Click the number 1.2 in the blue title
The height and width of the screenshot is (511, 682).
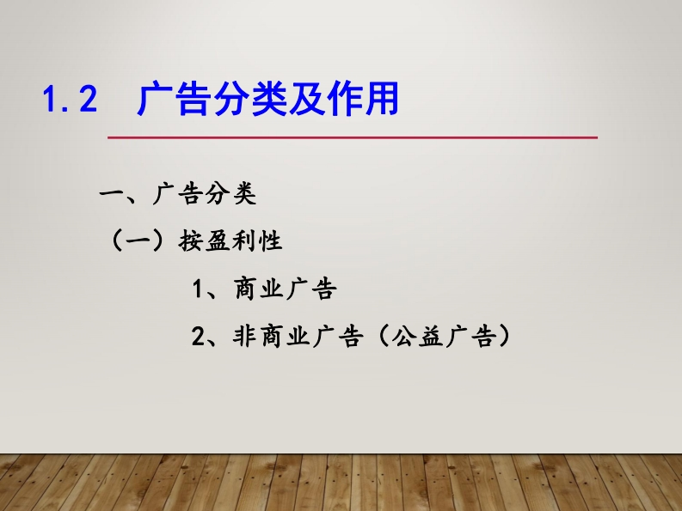(70, 99)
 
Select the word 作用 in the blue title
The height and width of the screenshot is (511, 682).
(363, 99)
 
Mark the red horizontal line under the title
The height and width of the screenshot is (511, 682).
(353, 137)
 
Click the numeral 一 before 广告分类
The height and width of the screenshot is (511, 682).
(113, 193)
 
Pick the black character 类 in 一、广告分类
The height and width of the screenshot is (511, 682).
(244, 193)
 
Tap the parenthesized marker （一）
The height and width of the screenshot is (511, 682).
(138, 240)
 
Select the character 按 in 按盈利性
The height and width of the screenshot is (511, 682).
(191, 240)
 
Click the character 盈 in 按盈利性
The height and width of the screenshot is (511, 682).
(217, 240)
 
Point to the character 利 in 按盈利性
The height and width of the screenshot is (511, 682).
(243, 240)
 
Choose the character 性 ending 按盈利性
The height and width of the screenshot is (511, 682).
(270, 240)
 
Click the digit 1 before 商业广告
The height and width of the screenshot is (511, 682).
(198, 289)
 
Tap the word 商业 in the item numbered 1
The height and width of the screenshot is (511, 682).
(259, 289)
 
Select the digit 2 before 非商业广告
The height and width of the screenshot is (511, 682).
(198, 336)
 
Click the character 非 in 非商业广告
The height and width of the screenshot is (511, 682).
(245, 336)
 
